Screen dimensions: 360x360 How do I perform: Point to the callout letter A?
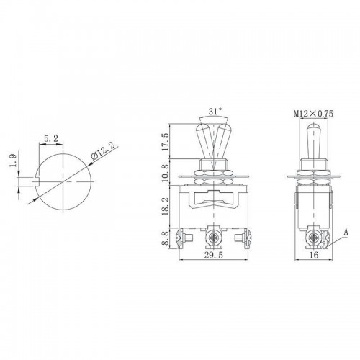[346, 232]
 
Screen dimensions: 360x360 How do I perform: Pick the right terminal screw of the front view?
[239, 236]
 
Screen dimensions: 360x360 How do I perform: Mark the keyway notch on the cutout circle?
[36, 177]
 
